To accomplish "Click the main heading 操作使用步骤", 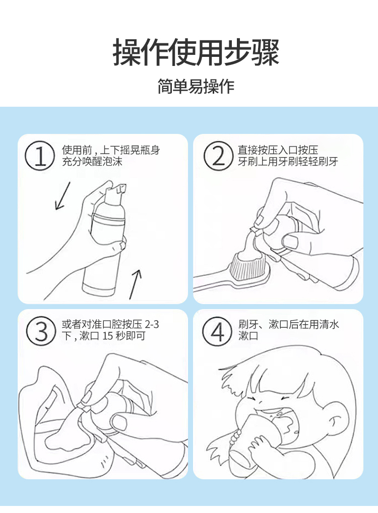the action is pyautogui.click(x=196, y=52).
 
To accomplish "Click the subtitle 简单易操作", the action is pyautogui.click(x=196, y=87).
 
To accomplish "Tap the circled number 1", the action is pyautogui.click(x=40, y=156).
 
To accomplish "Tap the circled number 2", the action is pyautogui.click(x=218, y=156).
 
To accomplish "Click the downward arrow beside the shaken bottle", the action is pyautogui.click(x=62, y=196).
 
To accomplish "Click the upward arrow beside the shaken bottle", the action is pyautogui.click(x=135, y=284).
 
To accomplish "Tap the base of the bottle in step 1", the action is pyautogui.click(x=99, y=288).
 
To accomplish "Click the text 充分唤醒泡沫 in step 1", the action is pyautogui.click(x=92, y=161).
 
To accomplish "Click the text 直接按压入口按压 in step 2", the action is pyautogui.click(x=278, y=150).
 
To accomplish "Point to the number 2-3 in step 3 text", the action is pyautogui.click(x=152, y=324).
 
